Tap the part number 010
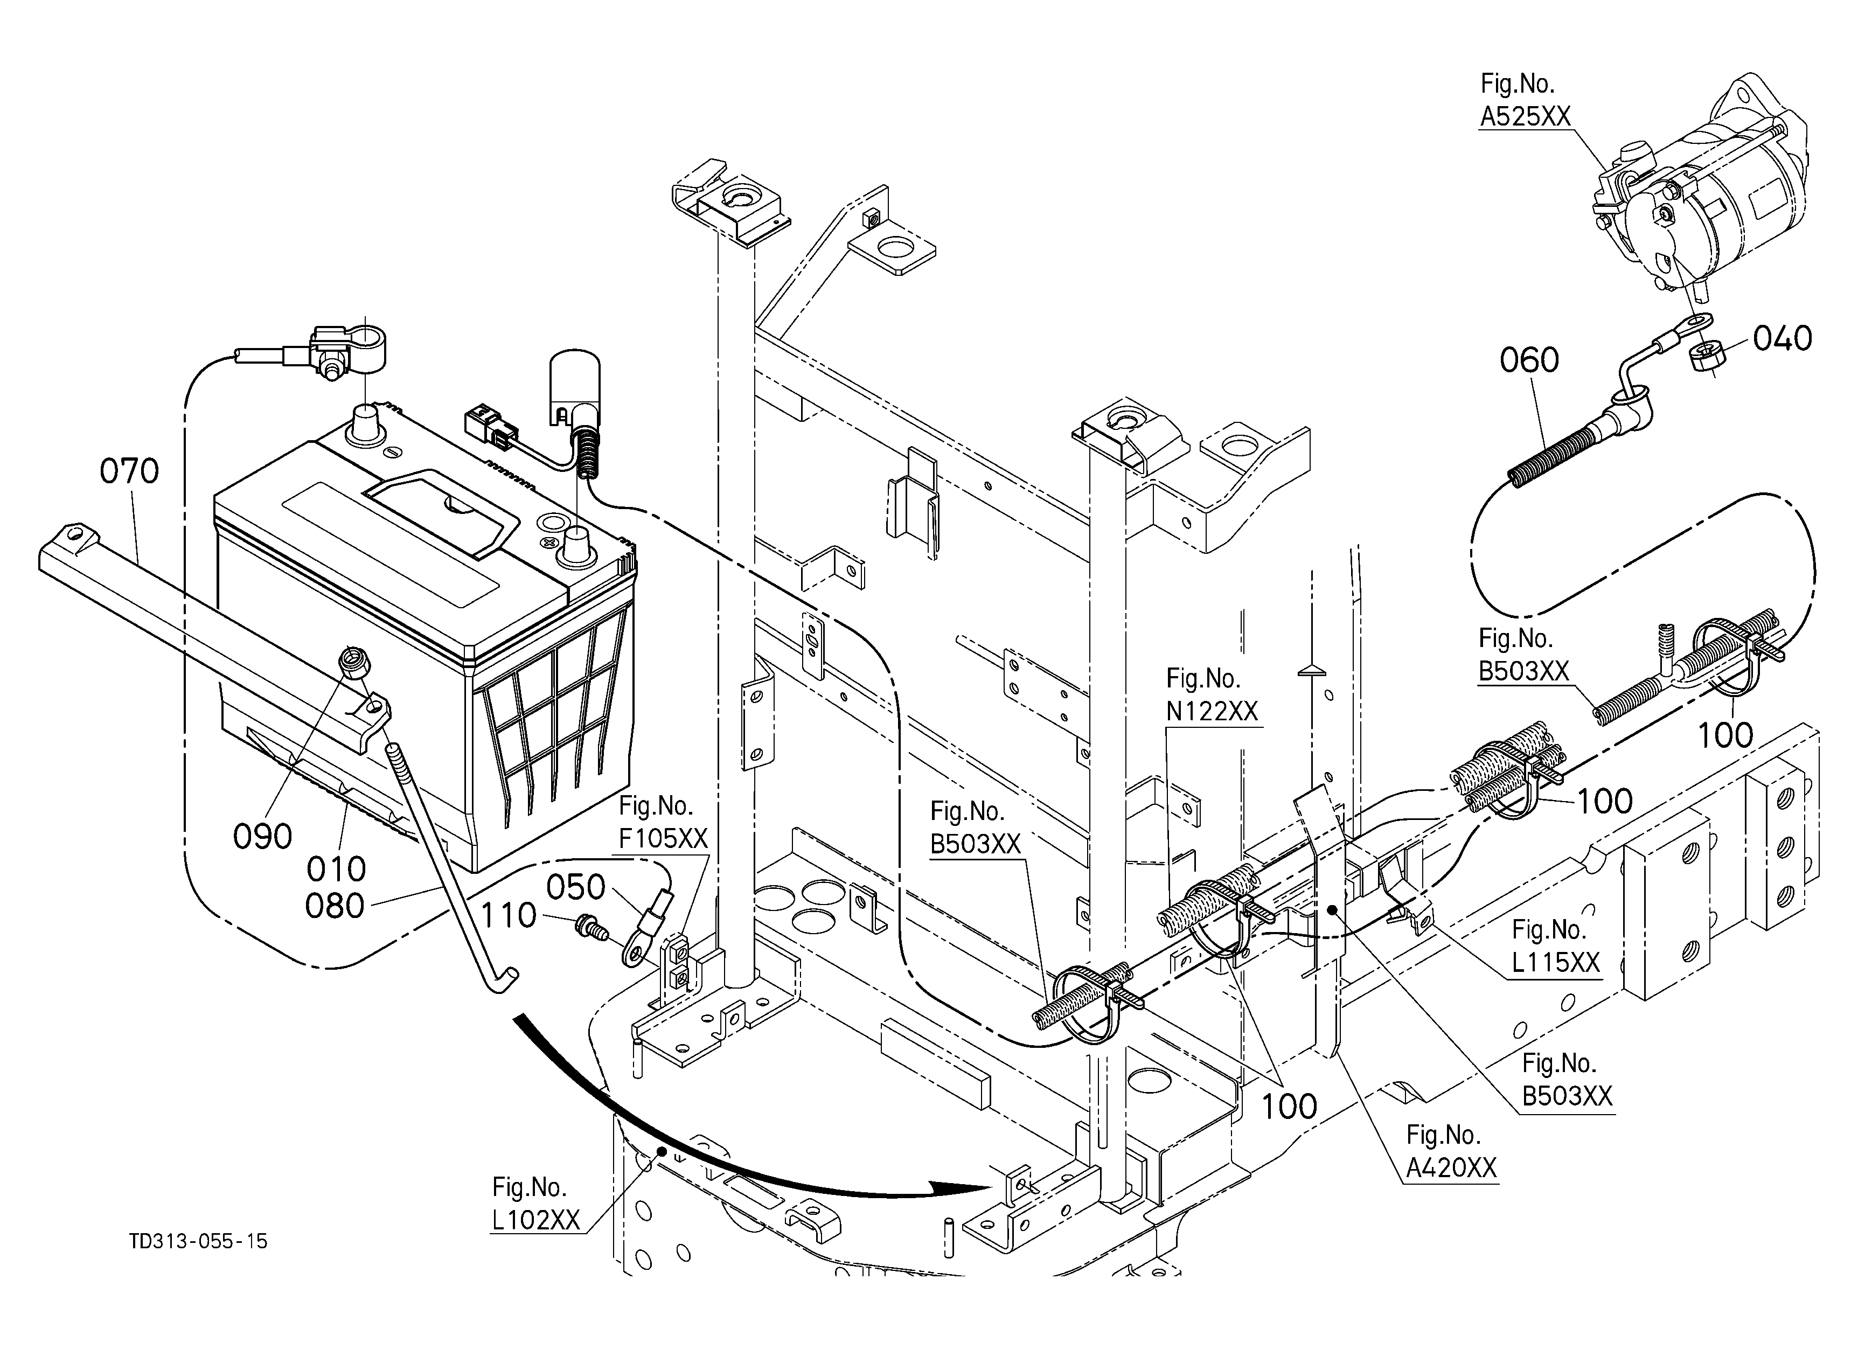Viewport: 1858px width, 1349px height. [x=336, y=869]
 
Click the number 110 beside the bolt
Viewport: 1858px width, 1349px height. [x=508, y=916]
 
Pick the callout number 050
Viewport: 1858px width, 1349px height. [x=576, y=887]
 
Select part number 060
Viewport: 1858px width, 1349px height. [x=1529, y=360]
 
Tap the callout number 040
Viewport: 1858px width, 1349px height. [x=1783, y=338]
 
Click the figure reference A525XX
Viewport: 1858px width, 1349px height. [x=1526, y=117]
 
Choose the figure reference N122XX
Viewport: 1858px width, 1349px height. [x=1212, y=711]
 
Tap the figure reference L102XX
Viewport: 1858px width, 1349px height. [x=536, y=1220]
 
